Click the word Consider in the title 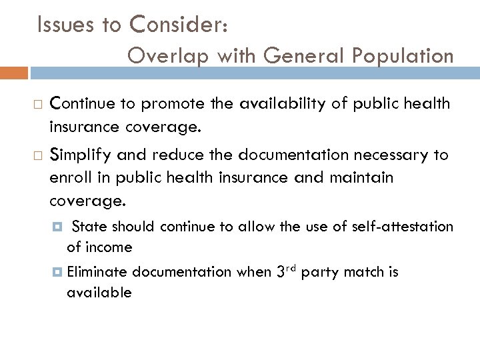(x=181, y=25)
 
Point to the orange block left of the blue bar (x=14, y=73)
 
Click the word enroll (x=68, y=177)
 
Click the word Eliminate (x=97, y=272)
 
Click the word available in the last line (x=99, y=292)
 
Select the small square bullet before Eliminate (x=59, y=272)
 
